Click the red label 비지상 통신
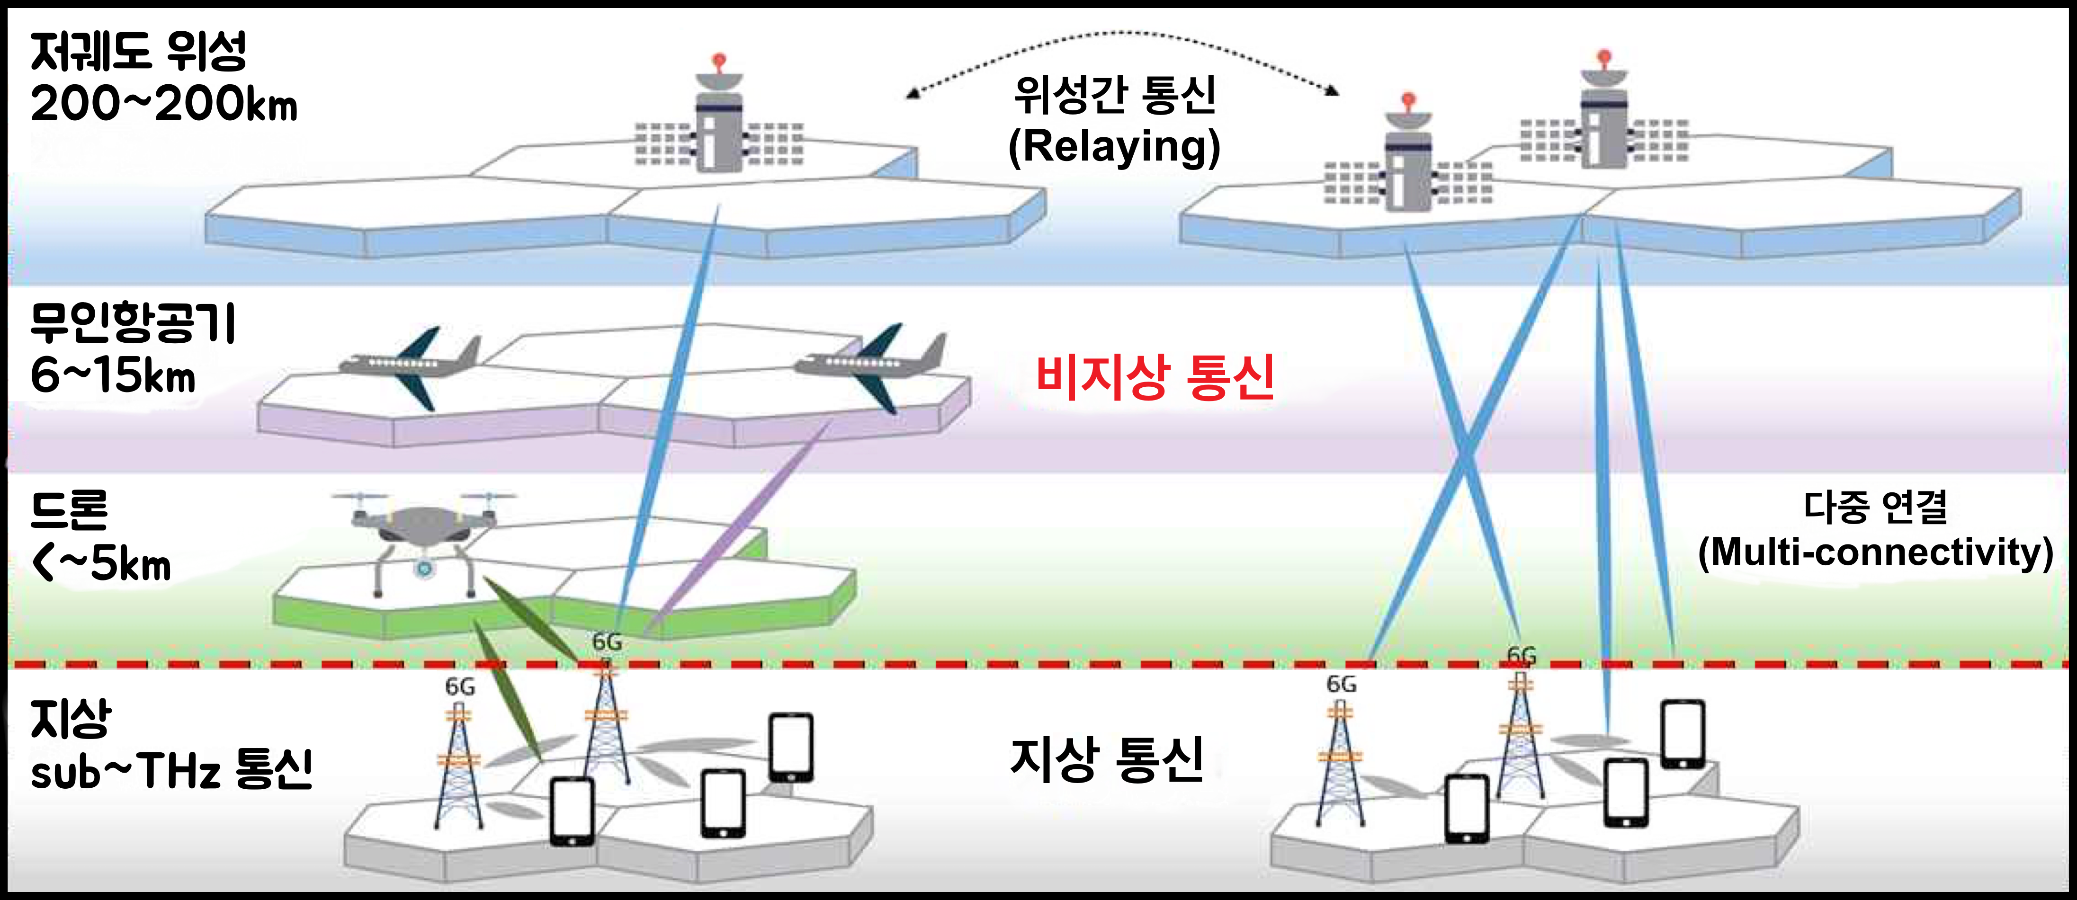click(1155, 377)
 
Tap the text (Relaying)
click(1114, 147)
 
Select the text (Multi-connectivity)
click(1875, 552)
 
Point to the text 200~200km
click(164, 105)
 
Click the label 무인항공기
click(133, 323)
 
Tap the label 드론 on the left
click(69, 510)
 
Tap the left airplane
click(411, 366)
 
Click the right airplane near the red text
click(871, 366)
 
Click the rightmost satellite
click(1604, 121)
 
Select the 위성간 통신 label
click(1114, 95)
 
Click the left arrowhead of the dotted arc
click(911, 93)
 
